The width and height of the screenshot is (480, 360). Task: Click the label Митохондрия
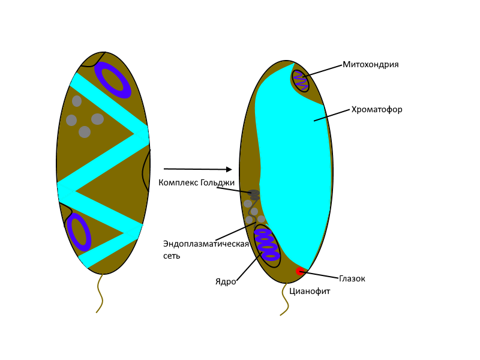370,64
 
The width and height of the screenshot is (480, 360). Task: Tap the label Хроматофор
376,110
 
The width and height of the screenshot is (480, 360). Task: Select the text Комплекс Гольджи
196,182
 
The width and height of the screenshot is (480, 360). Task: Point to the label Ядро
226,281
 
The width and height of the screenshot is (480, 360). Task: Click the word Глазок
352,278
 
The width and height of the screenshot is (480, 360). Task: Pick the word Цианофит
310,292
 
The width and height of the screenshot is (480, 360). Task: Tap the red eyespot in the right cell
300,271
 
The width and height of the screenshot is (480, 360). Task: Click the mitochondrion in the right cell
300,80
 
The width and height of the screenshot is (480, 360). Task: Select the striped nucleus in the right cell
266,243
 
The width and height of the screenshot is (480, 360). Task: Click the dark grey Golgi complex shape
254,194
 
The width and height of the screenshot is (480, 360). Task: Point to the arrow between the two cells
197,169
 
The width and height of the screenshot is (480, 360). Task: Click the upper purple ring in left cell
113,80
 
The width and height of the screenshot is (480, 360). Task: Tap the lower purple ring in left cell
78,232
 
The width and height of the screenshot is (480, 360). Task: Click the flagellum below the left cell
100,293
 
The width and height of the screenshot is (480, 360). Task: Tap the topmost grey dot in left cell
77,101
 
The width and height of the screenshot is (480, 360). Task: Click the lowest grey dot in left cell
85,132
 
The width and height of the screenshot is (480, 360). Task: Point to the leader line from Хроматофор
332,115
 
